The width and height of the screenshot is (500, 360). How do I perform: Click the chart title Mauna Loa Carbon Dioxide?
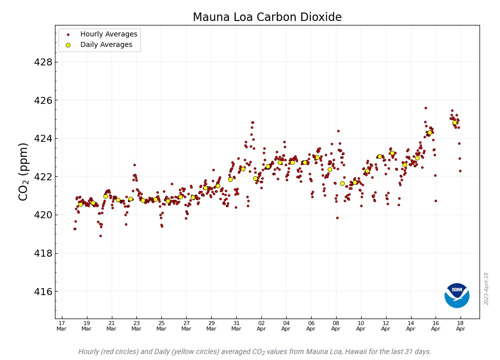point(267,17)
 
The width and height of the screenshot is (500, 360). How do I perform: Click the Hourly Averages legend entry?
point(108,34)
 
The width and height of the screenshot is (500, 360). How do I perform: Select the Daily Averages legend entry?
point(106,45)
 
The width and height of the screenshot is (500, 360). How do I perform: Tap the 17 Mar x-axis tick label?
point(61,326)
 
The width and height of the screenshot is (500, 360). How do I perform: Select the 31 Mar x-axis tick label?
point(236,326)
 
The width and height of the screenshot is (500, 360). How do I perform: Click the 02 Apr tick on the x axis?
point(261,326)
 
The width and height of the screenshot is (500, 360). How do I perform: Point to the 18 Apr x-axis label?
point(461,326)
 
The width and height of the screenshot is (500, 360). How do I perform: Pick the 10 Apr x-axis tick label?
point(361,326)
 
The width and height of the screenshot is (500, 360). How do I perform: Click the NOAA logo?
point(457,295)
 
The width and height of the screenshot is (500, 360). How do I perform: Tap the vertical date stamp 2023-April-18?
point(486,289)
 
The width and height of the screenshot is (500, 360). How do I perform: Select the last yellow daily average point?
point(455,122)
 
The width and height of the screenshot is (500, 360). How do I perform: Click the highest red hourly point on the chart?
point(426,108)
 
